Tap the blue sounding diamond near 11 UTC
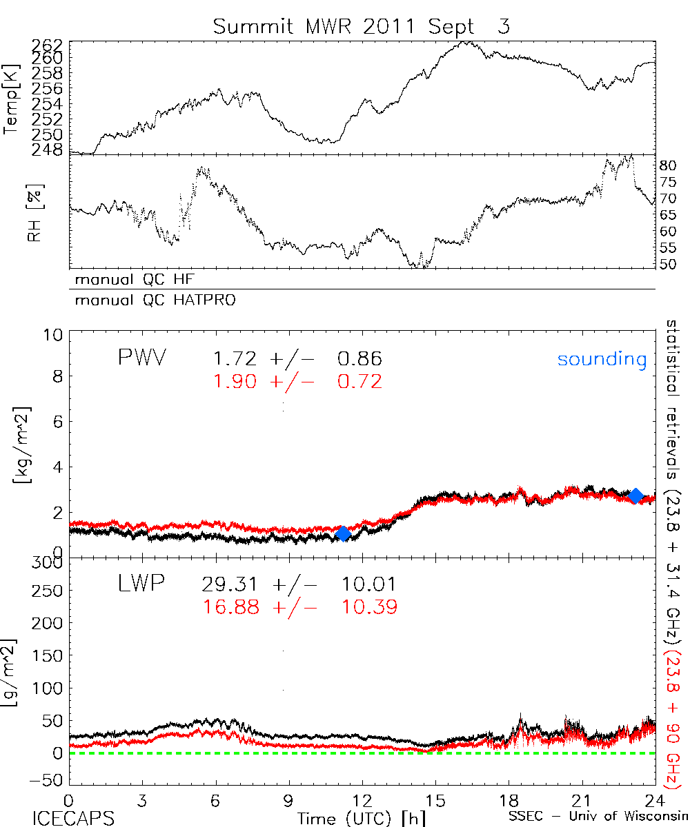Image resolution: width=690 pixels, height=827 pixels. click(343, 533)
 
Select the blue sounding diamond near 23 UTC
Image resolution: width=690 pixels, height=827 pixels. click(635, 496)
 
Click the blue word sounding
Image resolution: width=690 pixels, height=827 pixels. click(602, 360)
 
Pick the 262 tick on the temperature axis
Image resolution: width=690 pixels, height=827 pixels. click(47, 44)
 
